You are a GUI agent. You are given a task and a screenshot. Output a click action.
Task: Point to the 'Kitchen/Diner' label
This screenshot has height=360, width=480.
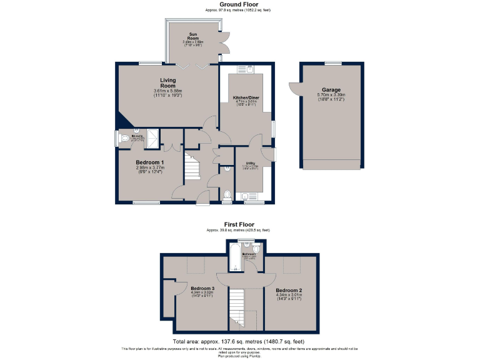(246, 98)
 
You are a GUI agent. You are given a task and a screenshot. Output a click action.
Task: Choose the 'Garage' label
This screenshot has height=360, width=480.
(331, 89)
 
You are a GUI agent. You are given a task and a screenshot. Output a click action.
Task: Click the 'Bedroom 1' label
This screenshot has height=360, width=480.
(149, 162)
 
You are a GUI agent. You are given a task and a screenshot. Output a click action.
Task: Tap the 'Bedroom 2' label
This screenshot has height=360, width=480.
(289, 291)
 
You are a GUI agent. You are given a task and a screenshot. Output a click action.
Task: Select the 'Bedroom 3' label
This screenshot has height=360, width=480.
(202, 288)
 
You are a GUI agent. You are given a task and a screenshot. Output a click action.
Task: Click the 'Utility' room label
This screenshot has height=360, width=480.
(249, 162)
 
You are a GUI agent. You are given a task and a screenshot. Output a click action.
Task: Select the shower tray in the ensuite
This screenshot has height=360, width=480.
(152, 139)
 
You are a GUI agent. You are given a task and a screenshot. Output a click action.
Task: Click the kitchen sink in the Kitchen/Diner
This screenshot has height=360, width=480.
(249, 69)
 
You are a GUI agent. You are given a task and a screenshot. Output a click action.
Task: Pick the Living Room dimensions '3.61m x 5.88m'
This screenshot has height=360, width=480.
(167, 92)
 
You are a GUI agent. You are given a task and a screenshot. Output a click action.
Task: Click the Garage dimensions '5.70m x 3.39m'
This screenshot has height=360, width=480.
(331, 95)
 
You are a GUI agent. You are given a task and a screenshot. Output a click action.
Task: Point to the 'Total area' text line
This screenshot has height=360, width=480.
(239, 341)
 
